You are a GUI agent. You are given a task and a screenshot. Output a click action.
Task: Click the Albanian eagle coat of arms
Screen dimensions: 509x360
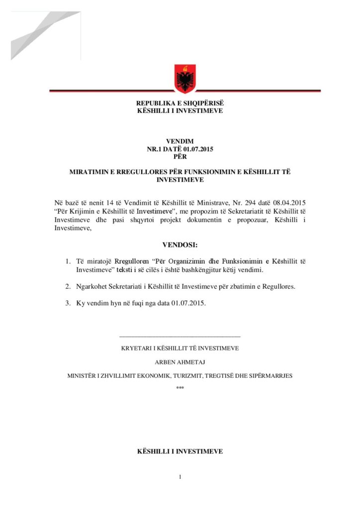[x=184, y=78]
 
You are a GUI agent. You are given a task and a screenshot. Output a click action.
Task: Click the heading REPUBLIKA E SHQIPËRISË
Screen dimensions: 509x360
[x=180, y=103]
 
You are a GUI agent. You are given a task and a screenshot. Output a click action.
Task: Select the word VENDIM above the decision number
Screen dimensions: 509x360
[x=180, y=142]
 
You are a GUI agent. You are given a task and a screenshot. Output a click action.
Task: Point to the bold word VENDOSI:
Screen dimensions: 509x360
[x=180, y=245]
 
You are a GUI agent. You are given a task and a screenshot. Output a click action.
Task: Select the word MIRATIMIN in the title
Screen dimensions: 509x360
[x=90, y=172]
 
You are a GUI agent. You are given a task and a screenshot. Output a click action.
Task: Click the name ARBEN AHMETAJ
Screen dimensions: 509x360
[x=180, y=362]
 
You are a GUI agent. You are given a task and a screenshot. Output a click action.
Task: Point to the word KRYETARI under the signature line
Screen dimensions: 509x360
[x=136, y=348]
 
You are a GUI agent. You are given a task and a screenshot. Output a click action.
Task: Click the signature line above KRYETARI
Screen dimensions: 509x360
[x=180, y=338]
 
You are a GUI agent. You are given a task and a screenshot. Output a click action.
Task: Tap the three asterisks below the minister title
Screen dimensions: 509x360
[x=180, y=387]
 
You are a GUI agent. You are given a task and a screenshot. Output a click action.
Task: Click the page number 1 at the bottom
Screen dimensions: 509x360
[x=180, y=477]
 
